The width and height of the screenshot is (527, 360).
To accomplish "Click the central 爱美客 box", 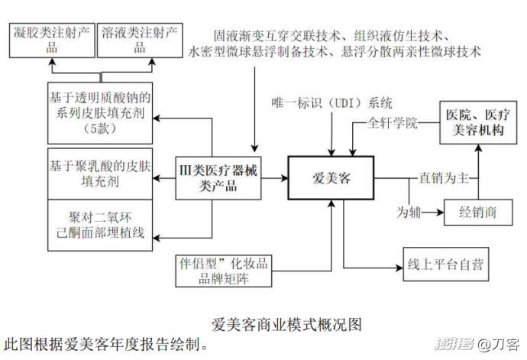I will coord(331,179).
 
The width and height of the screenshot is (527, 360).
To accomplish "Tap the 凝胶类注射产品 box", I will coord(52,39).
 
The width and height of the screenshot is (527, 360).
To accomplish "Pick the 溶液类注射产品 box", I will coord(140,39).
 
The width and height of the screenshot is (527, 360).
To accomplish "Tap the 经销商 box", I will coord(478,212).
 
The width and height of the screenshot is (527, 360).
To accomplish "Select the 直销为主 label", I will coord(442,178).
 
